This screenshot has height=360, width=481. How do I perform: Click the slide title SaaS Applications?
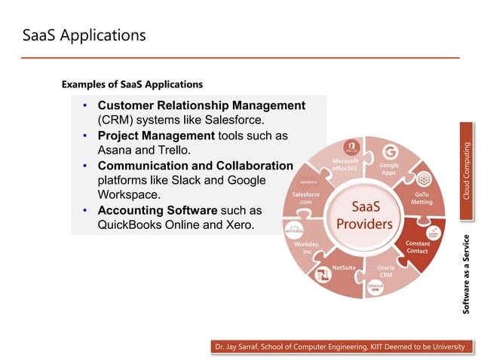tap(83, 35)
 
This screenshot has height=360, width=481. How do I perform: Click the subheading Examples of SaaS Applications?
tap(132, 84)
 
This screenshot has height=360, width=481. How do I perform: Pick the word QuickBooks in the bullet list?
tap(129, 224)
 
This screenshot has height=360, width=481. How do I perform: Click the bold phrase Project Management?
tap(156, 136)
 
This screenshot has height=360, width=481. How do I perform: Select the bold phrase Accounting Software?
tap(158, 209)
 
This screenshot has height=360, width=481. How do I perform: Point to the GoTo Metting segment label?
tap(421, 198)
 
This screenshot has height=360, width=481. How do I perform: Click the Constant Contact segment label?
tap(418, 247)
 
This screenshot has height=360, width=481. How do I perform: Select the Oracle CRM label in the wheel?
tap(385, 271)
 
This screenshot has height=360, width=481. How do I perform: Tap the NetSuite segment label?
tap(344, 267)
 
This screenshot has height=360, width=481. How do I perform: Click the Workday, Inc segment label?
tap(307, 247)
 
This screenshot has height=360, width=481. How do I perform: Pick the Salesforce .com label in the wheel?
tap(306, 198)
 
